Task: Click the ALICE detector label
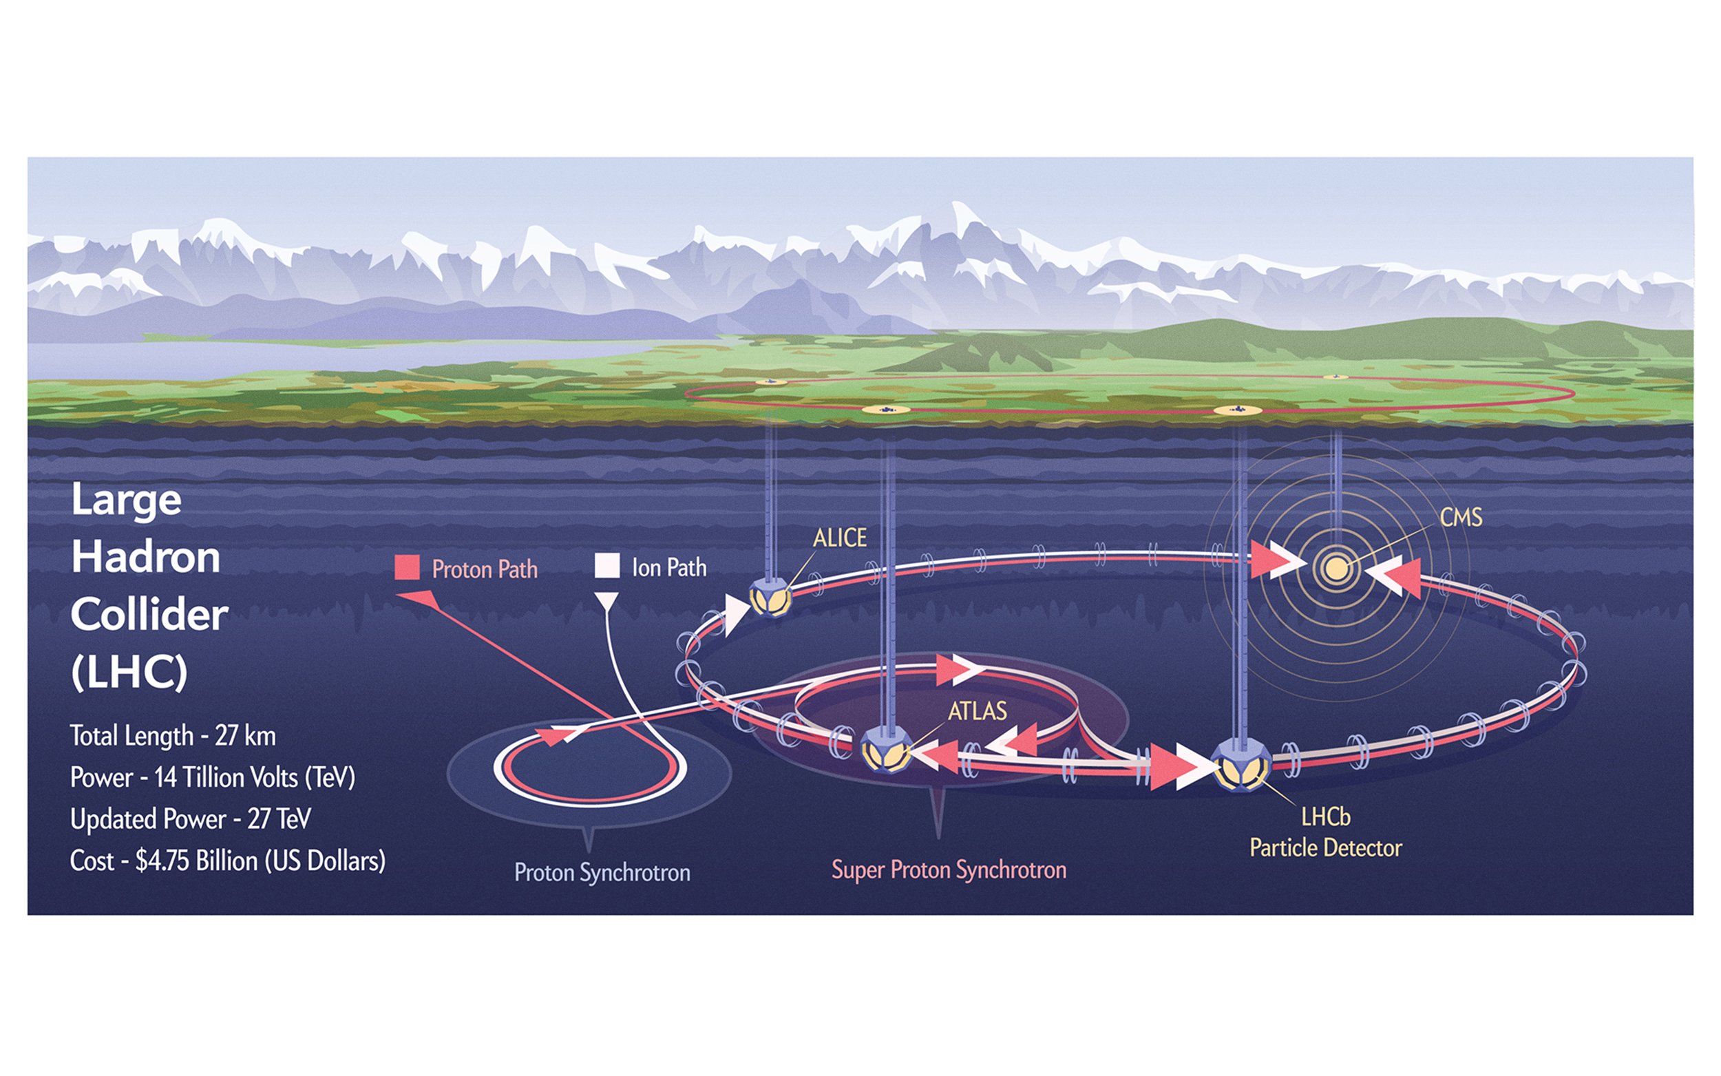pos(840,538)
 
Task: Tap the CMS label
pos(1461,518)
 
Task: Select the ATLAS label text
pos(977,711)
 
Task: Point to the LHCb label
pos(1325,816)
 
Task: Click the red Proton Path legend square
pos(407,568)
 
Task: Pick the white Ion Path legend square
pos(607,566)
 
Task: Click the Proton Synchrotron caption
pos(602,872)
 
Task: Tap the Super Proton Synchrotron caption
pos(949,869)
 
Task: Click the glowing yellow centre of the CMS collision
pos(1335,568)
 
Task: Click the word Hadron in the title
pos(146,556)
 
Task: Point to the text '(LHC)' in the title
pos(129,672)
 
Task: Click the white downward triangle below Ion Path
pos(606,602)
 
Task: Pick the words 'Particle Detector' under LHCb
pos(1325,848)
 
